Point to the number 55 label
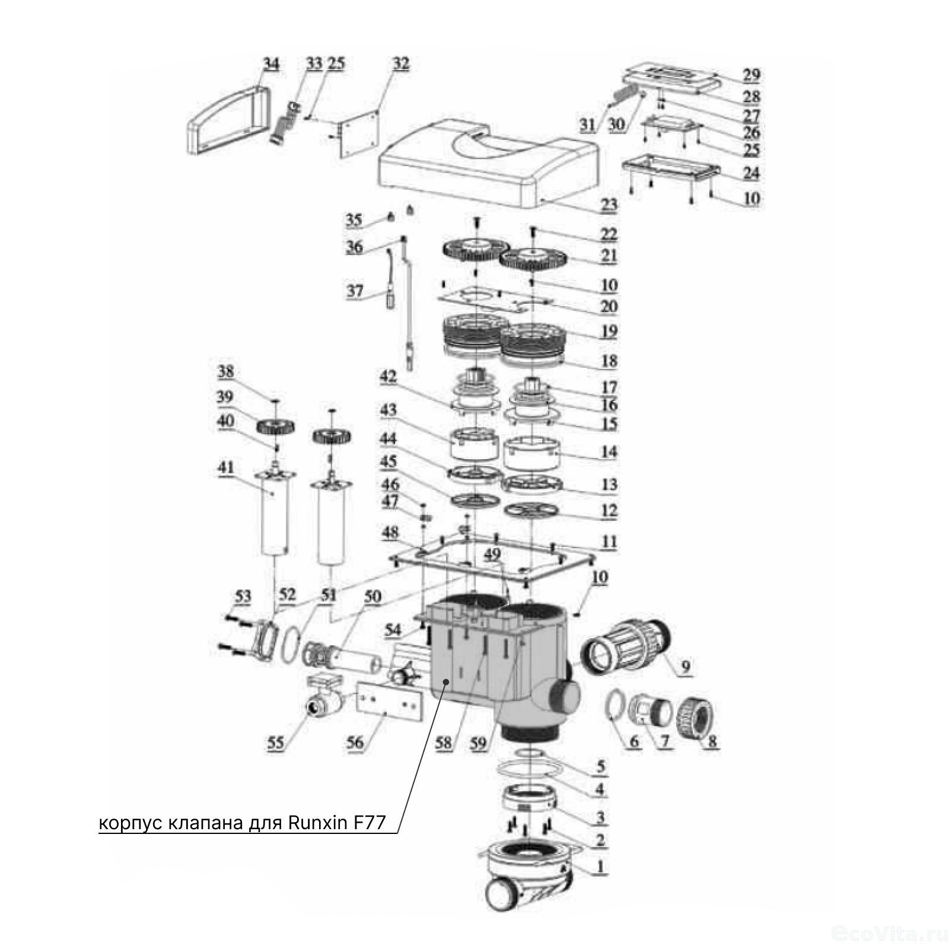coord(275,743)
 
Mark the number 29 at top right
coord(751,75)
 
